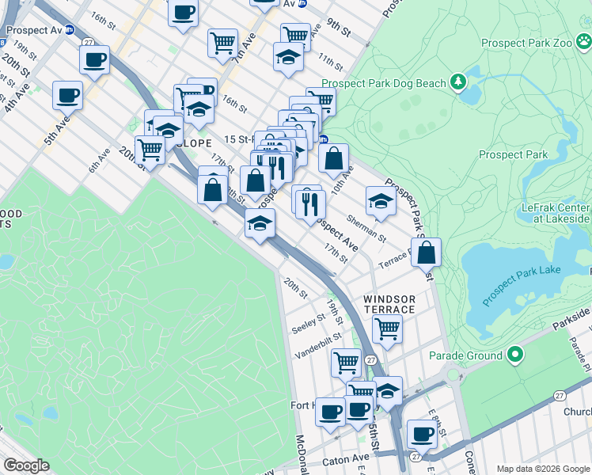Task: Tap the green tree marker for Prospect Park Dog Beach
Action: click(x=457, y=81)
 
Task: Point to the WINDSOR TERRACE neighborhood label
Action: click(x=389, y=304)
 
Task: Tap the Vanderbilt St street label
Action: click(x=315, y=346)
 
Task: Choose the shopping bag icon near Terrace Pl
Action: click(x=426, y=253)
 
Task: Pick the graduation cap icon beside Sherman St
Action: click(x=381, y=201)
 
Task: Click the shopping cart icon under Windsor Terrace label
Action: click(x=387, y=327)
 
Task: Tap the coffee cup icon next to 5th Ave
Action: click(x=67, y=96)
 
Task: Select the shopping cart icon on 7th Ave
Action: click(x=222, y=41)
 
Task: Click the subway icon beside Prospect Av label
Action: click(x=70, y=30)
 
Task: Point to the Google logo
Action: click(x=26, y=465)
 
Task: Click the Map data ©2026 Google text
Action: click(x=543, y=469)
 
